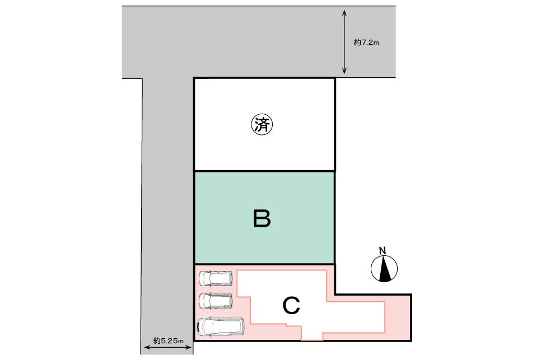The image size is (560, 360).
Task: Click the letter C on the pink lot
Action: tap(291, 306)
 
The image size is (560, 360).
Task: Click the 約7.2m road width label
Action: tap(366, 43)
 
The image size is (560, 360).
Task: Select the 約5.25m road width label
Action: tap(168, 341)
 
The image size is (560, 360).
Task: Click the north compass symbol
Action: tap(384, 269)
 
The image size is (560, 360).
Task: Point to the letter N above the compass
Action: tap(382, 251)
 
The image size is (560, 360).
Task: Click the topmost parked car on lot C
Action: tap(216, 278)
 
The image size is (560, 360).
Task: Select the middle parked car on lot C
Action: tap(216, 301)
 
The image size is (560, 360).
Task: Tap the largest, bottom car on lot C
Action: tap(220, 326)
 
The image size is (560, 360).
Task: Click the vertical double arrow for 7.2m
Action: tap(344, 42)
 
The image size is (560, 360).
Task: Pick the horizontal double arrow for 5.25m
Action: tap(168, 347)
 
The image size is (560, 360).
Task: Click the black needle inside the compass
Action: tap(384, 269)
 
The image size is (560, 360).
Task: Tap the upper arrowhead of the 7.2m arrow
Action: tap(344, 13)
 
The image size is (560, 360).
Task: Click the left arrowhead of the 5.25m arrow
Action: tap(146, 347)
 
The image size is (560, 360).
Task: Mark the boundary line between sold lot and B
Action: tap(264, 171)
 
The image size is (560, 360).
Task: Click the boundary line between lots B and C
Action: tap(264, 264)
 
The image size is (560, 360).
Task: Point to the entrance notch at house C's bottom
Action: tap(312, 335)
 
